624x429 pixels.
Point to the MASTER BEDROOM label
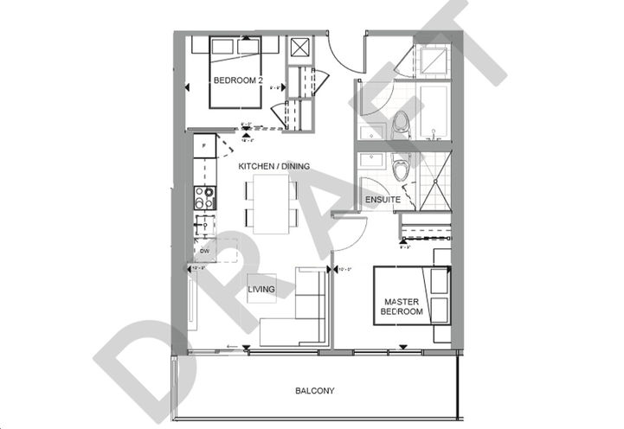click(402, 307)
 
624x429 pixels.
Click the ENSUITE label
click(381, 199)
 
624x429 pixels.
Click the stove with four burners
click(203, 199)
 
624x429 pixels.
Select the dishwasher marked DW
click(204, 251)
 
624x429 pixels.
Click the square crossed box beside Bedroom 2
click(302, 47)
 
